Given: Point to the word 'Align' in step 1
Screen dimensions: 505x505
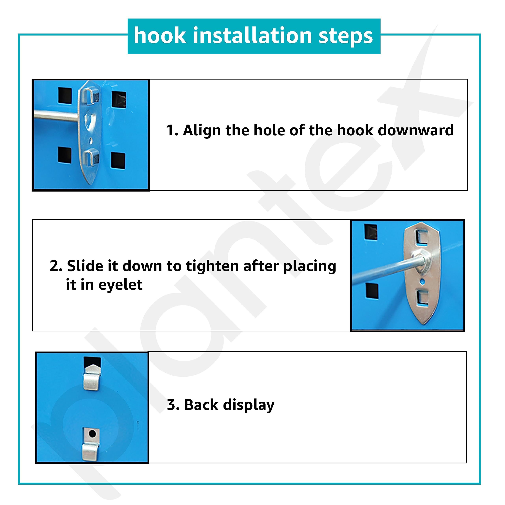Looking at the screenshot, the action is coord(202,130).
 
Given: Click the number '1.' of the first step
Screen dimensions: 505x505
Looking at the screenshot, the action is coord(172,130).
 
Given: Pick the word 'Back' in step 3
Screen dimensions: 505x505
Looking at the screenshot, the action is coord(201,405).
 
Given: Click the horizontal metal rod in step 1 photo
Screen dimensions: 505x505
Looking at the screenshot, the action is coord(56,117).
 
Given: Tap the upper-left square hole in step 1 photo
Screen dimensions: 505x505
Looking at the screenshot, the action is coord(65,95).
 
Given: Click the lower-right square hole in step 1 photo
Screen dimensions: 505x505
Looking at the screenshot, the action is coord(118,160).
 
